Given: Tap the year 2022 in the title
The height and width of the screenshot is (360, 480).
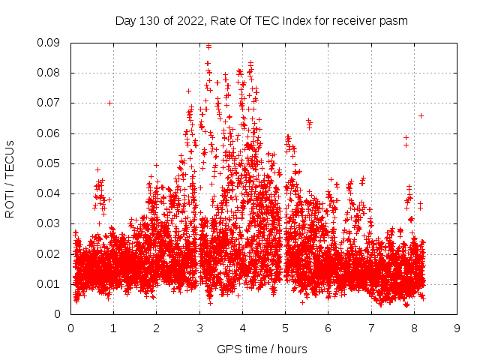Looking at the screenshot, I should point(184,21).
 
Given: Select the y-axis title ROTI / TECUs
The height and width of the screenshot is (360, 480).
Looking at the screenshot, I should point(10,178).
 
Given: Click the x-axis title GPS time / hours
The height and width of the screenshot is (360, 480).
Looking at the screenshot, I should point(262,349).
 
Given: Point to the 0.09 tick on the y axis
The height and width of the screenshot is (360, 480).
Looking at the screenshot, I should point(52,43).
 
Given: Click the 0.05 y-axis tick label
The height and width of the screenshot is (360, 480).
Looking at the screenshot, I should point(52,163).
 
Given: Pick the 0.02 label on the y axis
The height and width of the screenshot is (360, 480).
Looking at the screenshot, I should point(52,253).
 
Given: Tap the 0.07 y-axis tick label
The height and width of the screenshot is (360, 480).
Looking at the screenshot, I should point(52,103).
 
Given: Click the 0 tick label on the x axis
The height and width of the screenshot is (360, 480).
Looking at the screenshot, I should point(70,328).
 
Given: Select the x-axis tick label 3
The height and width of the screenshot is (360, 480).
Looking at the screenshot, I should point(199,328).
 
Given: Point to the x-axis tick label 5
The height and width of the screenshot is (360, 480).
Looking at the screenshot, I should point(285,328).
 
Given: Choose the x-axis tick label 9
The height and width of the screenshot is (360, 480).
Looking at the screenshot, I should point(457,328).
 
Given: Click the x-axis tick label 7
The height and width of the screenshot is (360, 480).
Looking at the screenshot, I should point(371,328).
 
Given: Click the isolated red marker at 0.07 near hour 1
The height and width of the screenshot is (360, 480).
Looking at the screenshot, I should point(110,103).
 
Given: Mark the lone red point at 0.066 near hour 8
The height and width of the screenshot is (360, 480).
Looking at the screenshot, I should point(421,115).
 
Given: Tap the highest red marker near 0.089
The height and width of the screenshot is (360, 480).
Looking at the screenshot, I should point(208,46).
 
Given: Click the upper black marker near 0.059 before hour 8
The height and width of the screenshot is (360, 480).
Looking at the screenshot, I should point(406,137).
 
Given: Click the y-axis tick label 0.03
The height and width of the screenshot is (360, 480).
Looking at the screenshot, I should point(52,223).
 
